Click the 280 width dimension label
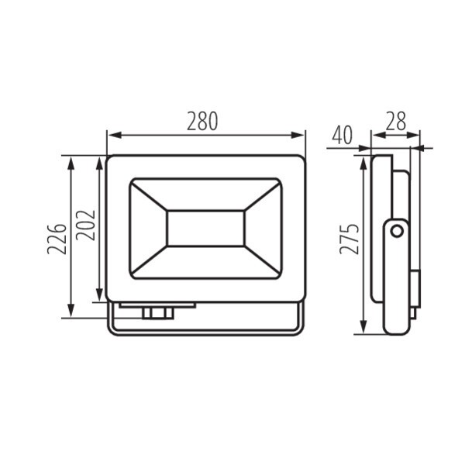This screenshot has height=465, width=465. coord(202,122)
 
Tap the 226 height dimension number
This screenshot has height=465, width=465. coord(57,239)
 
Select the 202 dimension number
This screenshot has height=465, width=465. coord(85,225)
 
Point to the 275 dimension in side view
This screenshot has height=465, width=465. coord(349,239)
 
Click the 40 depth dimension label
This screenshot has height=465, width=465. coord(343,135)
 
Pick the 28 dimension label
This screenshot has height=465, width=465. coord(395,122)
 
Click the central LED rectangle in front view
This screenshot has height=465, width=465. coord(205,229)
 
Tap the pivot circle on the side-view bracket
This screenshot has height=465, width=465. coord(397,231)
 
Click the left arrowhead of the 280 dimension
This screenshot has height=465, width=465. coord(115,135)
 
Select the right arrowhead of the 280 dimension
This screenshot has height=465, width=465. coord(297,135)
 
